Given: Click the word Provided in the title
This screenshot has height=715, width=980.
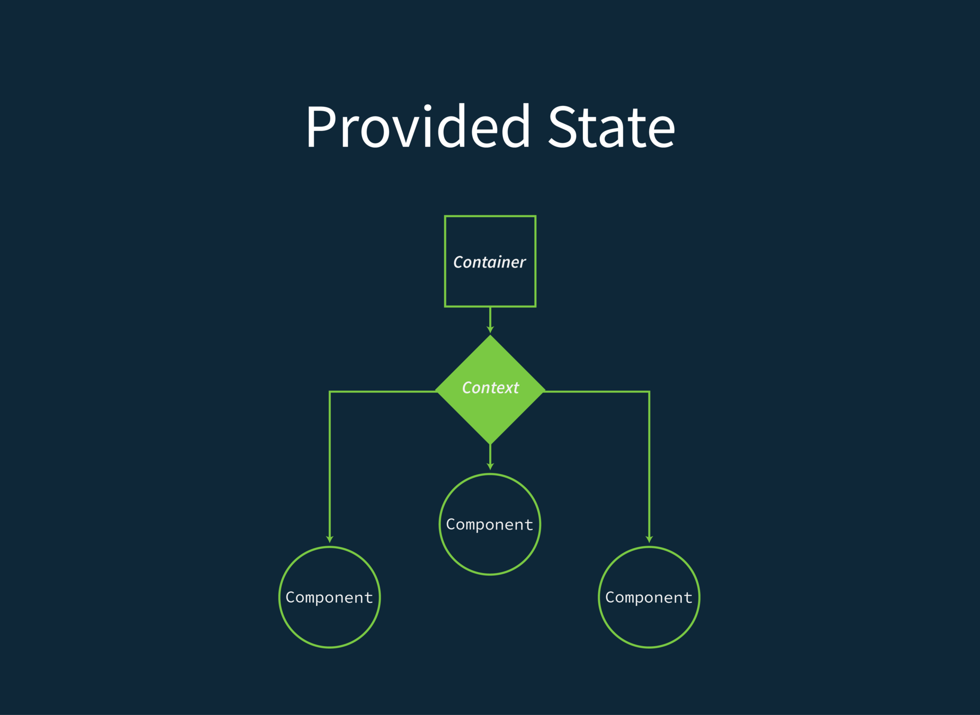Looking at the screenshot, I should (418, 127).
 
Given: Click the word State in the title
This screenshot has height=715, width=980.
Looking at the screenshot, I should (612, 127).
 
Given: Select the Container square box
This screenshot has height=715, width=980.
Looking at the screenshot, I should (490, 233).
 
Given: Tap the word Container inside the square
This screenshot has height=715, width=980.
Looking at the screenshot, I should (490, 262).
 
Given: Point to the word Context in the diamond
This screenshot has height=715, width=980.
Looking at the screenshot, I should (490, 388).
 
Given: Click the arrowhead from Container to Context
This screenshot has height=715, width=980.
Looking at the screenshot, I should (490, 329).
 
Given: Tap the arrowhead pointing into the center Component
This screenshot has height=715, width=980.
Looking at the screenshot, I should (490, 466).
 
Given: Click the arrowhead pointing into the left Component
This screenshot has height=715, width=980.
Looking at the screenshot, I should (330, 539).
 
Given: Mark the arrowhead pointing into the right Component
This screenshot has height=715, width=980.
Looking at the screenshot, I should (649, 539).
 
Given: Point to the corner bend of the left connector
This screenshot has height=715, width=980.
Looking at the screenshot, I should (330, 392).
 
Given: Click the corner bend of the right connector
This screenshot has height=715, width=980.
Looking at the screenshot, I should (649, 392).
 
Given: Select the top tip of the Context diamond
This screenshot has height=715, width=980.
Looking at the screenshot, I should (490, 337).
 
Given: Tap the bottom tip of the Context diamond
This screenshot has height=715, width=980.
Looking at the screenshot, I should (490, 442).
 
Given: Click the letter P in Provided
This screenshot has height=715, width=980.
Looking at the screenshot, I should (321, 127).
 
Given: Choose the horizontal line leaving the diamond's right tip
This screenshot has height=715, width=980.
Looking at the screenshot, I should (597, 392).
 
